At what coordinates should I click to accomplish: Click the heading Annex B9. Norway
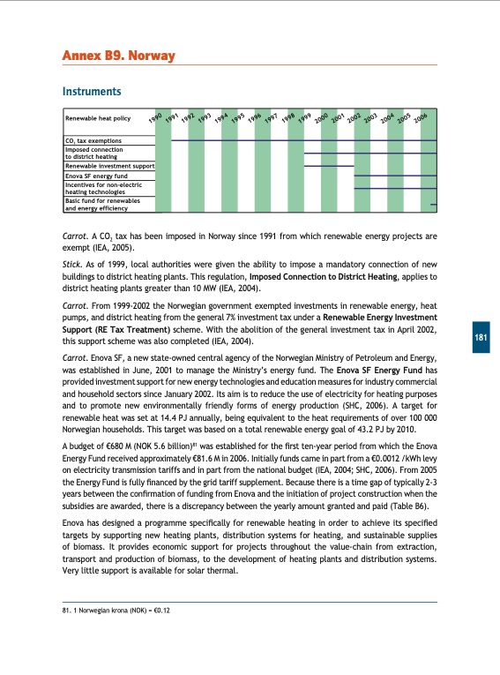tap(118, 57)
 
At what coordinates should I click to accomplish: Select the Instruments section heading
tap(91, 91)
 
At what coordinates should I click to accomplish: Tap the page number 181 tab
tap(480, 314)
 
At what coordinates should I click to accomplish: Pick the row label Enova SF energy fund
tap(97, 176)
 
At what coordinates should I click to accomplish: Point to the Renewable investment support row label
tap(109, 165)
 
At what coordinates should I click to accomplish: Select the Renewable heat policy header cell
tap(98, 117)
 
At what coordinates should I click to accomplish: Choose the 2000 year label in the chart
tap(322, 117)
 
